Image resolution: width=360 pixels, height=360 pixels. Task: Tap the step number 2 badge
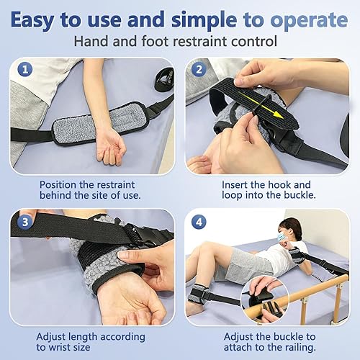198,70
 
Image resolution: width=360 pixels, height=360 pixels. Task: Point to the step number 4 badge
198,220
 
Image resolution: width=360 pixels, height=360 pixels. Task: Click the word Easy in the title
35,17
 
